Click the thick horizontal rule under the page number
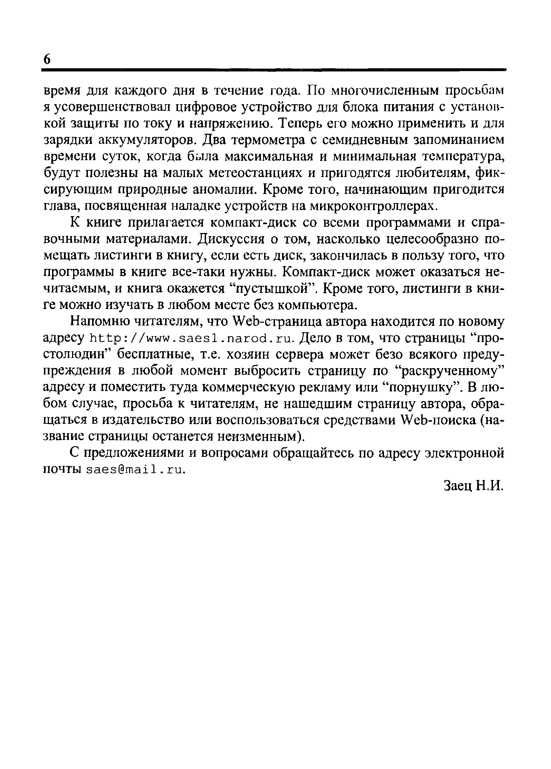tap(274, 70)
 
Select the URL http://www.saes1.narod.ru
tap(192, 339)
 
